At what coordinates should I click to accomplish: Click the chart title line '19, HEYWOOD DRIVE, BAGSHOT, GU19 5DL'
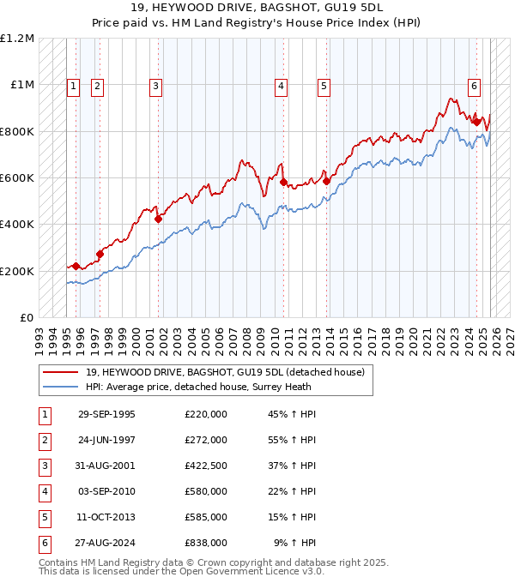[x=257, y=8]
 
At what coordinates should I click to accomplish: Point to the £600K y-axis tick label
[x=17, y=178]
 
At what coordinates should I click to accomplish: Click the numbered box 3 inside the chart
[x=155, y=85]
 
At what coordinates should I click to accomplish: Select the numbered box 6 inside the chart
[x=474, y=85]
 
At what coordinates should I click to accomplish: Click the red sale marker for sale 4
[x=283, y=182]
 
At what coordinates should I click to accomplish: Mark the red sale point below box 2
[x=100, y=254]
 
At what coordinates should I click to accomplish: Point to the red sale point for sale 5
[x=326, y=181]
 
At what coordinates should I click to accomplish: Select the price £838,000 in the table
[x=205, y=543]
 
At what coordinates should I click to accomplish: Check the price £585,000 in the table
[x=205, y=517]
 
